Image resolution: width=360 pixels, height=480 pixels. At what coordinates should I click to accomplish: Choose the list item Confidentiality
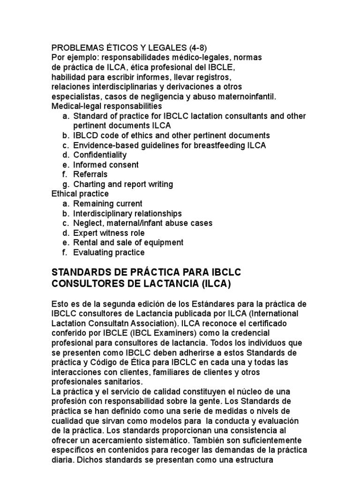coord(100,155)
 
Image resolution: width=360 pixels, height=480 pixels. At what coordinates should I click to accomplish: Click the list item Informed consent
coord(106,165)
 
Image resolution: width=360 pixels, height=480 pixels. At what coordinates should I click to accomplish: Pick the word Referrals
coord(90,174)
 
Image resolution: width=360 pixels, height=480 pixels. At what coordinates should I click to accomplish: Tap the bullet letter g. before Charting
coord(65,184)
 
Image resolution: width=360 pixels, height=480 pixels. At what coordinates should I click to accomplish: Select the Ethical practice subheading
coord(80,194)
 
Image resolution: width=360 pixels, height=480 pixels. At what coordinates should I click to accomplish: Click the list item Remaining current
coord(108,204)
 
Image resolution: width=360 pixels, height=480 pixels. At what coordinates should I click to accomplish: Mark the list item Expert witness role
coord(109,233)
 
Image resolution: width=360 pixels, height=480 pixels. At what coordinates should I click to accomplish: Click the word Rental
coord(85,243)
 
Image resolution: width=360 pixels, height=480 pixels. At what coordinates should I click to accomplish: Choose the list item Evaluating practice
coord(109,253)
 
